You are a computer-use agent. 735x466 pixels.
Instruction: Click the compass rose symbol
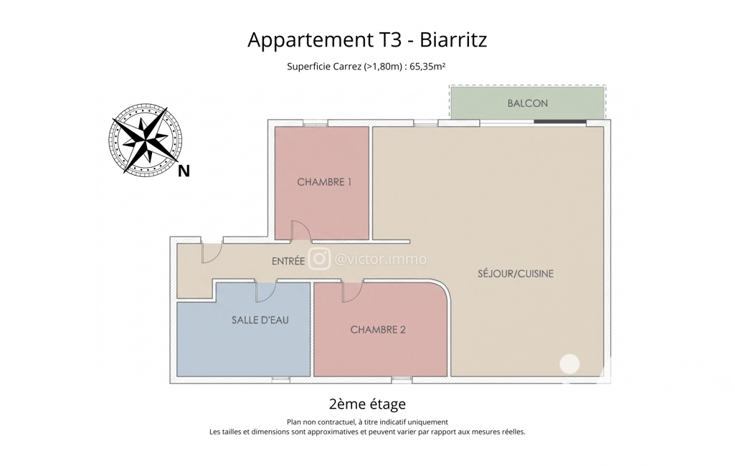[x=146, y=140]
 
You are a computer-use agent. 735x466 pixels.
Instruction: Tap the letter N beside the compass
[x=184, y=171]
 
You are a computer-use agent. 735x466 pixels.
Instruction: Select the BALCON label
[x=527, y=103]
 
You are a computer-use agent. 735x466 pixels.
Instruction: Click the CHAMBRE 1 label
[x=324, y=182]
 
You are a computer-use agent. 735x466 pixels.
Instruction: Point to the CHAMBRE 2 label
[x=378, y=330]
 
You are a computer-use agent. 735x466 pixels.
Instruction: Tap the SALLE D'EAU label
[x=260, y=320]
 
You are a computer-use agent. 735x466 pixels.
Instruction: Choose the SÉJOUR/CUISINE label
[x=516, y=273]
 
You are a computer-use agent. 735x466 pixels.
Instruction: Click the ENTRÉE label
[x=288, y=261]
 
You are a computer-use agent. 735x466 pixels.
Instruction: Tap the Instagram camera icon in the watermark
[x=319, y=259]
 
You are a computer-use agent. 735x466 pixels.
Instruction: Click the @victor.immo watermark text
[x=380, y=259]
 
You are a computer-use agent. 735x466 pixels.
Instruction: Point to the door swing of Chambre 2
[x=353, y=292]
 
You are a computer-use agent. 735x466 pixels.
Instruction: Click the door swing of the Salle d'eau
[x=265, y=292]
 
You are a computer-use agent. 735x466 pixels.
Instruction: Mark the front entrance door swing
[x=212, y=252]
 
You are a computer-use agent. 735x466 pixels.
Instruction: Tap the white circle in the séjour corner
[x=569, y=363]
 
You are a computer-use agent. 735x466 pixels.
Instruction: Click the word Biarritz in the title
[x=452, y=39]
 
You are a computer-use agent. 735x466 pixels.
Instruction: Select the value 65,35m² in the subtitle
[x=427, y=66]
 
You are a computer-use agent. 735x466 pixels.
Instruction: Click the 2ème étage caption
[x=367, y=404]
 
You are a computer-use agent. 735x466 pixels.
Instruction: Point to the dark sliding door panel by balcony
[x=560, y=122]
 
